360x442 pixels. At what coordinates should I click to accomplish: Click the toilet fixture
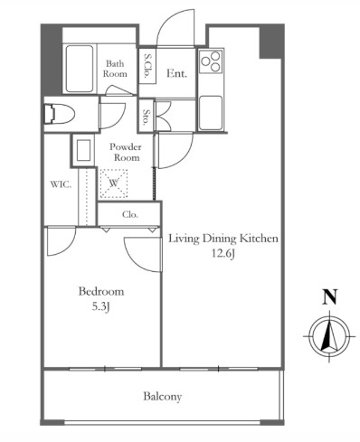(60, 114)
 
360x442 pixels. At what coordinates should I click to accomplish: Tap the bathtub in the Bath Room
(79, 69)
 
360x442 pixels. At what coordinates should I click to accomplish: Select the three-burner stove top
(211, 61)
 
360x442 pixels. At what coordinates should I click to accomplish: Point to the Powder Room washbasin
(83, 150)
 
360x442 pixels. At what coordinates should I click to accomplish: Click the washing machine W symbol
(114, 183)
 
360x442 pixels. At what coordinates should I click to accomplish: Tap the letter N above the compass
(329, 296)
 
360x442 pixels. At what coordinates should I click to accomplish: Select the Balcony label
(163, 397)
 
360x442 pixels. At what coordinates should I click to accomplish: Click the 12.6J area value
(223, 254)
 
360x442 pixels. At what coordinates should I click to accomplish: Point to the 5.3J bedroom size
(100, 306)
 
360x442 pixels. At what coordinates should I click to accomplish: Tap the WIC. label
(61, 184)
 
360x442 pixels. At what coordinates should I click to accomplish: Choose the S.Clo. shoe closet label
(147, 66)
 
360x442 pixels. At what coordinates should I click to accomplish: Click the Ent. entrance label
(176, 73)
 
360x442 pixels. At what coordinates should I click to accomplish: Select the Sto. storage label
(146, 117)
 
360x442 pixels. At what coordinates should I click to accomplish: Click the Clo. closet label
(130, 214)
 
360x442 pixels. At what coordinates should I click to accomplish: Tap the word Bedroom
(101, 292)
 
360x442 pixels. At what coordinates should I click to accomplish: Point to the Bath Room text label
(115, 69)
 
